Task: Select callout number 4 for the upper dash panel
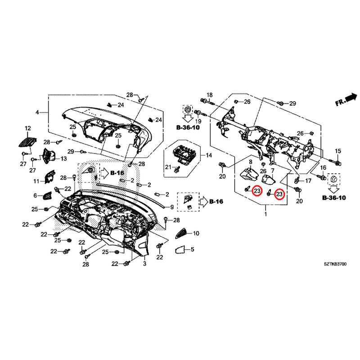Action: click(37, 112)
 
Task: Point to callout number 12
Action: click(27, 128)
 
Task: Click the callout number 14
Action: click(208, 155)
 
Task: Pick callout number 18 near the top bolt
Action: click(208, 94)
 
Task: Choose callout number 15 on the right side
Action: click(338, 151)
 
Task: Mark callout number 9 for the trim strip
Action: click(171, 207)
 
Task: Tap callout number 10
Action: click(196, 234)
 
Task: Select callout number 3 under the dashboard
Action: click(145, 265)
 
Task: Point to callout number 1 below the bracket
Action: click(265, 216)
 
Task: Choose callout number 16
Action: click(323, 167)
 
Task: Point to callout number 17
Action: click(309, 180)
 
